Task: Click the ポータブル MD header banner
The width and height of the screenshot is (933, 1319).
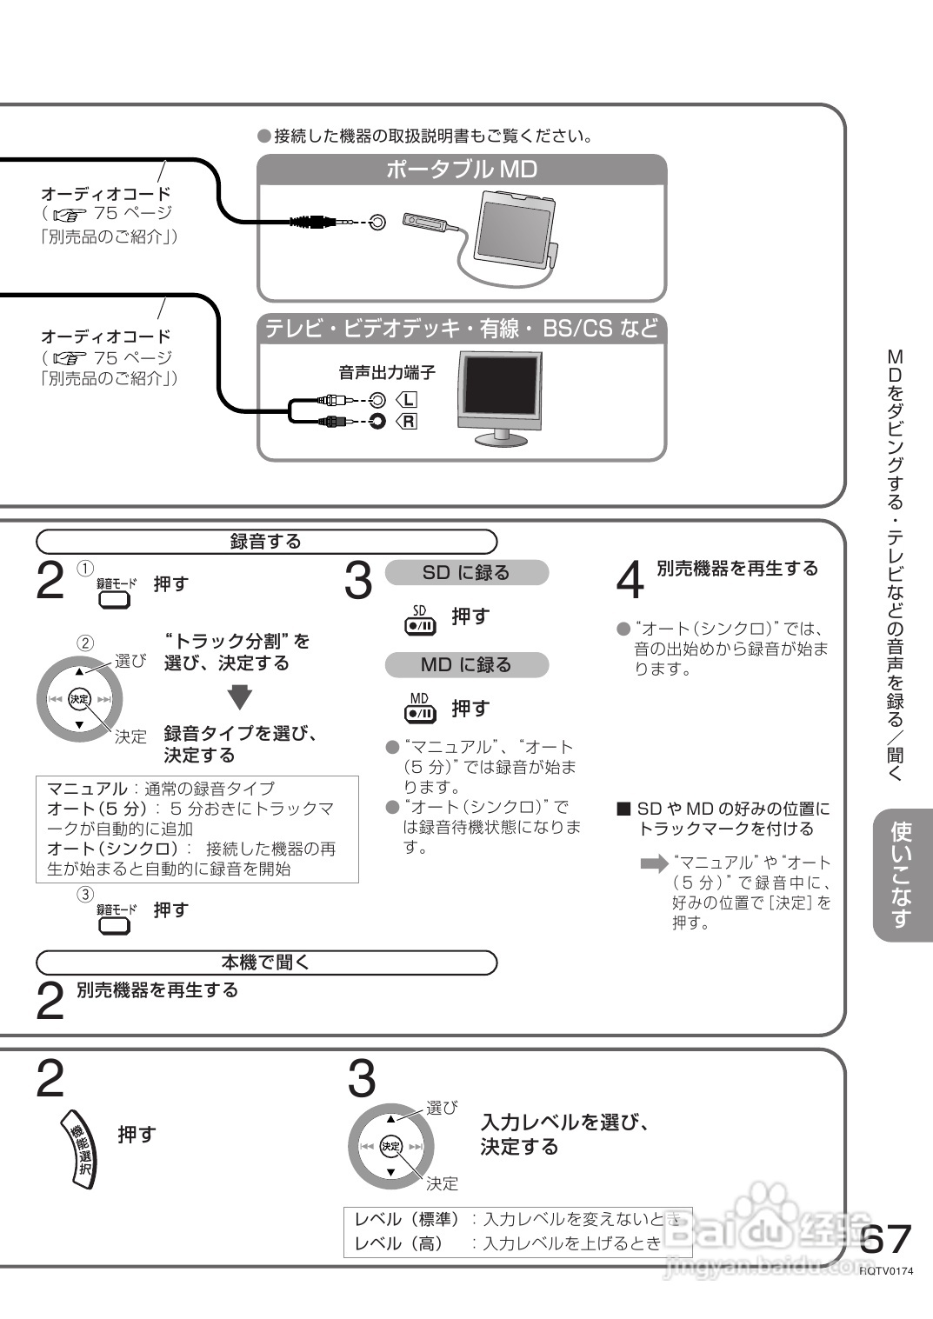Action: click(x=462, y=170)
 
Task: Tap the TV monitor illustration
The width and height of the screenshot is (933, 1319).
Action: click(x=499, y=396)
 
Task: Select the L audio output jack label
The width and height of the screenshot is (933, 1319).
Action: click(x=408, y=400)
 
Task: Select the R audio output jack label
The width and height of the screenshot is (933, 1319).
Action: click(x=408, y=422)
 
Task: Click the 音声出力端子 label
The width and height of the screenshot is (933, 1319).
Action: click(x=386, y=373)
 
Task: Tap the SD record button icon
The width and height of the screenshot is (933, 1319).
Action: click(x=420, y=619)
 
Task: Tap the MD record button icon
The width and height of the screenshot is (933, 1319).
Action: click(x=420, y=709)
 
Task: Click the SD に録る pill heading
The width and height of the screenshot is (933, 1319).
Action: click(x=466, y=573)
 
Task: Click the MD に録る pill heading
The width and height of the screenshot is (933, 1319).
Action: click(x=466, y=665)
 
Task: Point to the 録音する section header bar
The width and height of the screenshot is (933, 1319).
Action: click(x=266, y=542)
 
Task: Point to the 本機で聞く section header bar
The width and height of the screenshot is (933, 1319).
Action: click(x=266, y=963)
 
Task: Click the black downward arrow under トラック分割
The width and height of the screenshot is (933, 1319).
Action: click(x=240, y=697)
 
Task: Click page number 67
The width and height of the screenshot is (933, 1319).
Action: click(x=885, y=1239)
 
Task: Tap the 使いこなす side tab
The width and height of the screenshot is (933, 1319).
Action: click(x=902, y=875)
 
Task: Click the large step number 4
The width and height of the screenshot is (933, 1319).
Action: click(x=630, y=581)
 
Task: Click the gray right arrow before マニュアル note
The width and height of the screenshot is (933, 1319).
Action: click(x=653, y=863)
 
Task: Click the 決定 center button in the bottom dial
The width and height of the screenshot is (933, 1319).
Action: click(x=390, y=1147)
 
